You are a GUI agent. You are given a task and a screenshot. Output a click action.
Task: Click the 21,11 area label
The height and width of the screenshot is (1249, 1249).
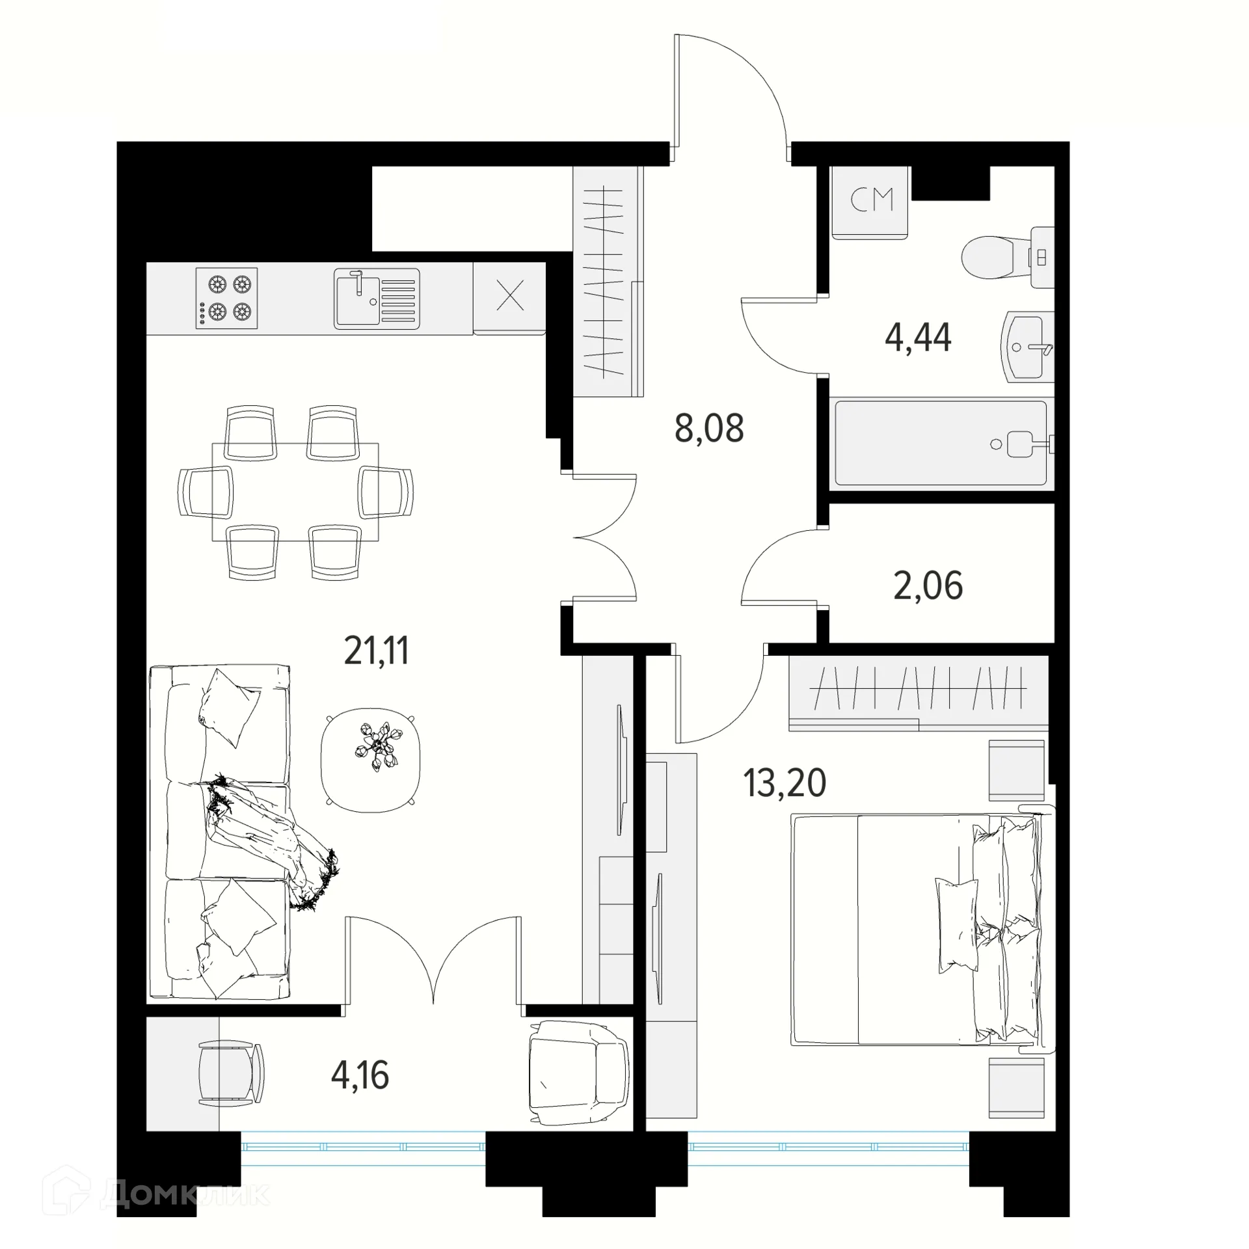(376, 651)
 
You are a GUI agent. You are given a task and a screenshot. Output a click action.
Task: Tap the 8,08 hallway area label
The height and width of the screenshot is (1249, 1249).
(709, 428)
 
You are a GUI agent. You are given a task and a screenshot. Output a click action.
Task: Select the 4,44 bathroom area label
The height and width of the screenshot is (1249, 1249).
(918, 337)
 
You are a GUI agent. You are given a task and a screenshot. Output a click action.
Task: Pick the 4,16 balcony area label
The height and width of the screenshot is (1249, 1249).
(360, 1075)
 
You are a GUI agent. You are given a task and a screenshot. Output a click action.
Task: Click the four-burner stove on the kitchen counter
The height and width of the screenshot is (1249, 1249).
(226, 298)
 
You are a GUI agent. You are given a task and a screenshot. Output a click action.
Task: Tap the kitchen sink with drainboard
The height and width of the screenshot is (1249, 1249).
(377, 299)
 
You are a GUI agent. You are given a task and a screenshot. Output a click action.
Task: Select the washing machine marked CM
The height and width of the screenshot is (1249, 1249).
(870, 203)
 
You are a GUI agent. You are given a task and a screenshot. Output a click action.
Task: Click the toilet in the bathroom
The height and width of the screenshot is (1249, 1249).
(1007, 257)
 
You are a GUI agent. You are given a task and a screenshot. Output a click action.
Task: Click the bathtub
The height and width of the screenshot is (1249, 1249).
(941, 443)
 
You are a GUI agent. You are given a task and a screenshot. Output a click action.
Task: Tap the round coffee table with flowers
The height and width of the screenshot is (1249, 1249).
(370, 760)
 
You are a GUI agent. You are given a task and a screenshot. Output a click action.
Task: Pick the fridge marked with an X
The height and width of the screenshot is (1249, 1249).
(510, 298)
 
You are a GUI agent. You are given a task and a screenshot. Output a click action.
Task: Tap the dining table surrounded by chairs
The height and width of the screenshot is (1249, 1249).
(295, 492)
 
